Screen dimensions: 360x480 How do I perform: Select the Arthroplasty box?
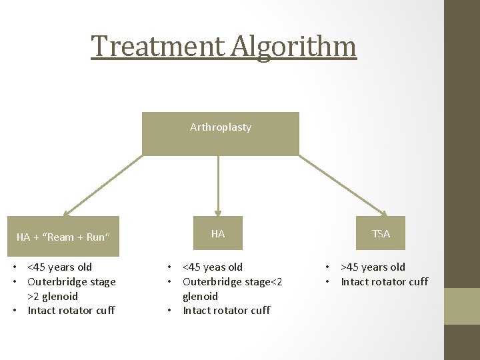pos(221,133)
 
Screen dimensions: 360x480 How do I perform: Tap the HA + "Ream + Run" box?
pos(63,236)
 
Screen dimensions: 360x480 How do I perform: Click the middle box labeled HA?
pos(218,234)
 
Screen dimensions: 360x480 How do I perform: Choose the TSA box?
pos(381,234)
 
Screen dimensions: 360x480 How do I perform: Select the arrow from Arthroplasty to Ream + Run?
pos(103,186)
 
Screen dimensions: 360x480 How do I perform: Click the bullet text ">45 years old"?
pos(373,267)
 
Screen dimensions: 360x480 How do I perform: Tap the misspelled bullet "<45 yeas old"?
pos(213,267)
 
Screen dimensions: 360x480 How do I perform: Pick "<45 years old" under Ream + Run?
pos(59,267)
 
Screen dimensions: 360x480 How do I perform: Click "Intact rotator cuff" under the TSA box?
pos(384,282)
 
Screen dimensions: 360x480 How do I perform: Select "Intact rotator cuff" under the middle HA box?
pos(226,311)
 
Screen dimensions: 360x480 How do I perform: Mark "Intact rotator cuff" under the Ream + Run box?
pos(71,311)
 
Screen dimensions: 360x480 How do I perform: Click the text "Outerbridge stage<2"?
pos(232,282)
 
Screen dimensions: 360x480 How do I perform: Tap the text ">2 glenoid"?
pos(52,297)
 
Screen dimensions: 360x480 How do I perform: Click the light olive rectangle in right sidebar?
pos(462,307)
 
